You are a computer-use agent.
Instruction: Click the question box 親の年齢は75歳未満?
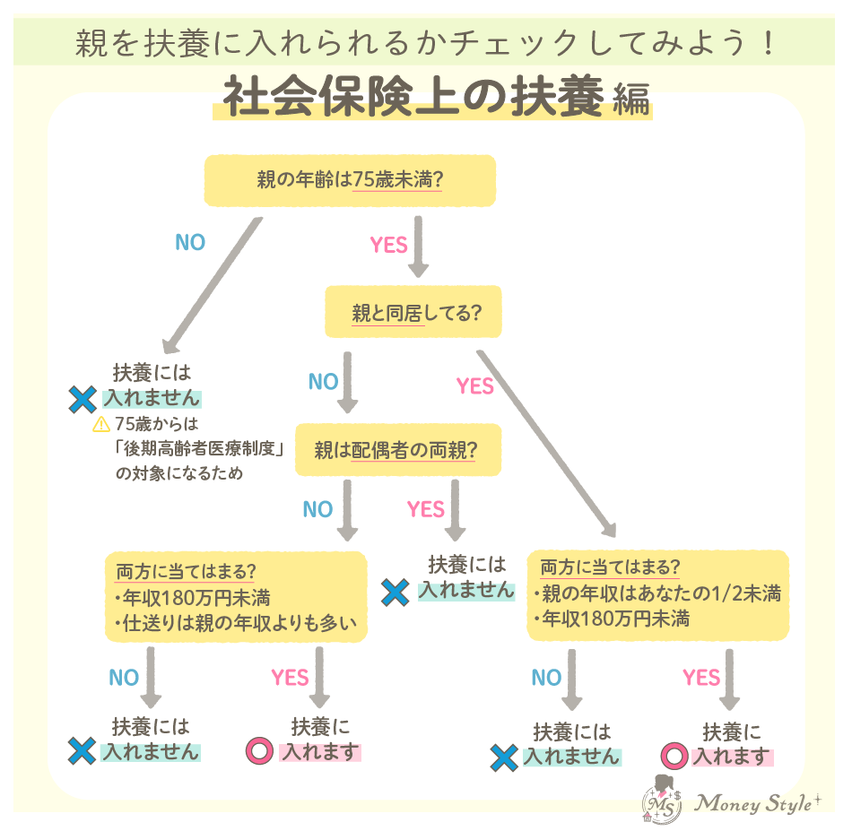click(x=350, y=180)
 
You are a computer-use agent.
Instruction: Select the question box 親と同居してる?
click(x=413, y=313)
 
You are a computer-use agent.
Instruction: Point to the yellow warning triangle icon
click(x=100, y=425)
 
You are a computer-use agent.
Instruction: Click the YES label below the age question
click(x=388, y=245)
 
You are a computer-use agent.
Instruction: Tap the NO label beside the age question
click(x=189, y=243)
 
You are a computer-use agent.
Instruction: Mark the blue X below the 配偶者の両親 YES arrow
click(x=396, y=591)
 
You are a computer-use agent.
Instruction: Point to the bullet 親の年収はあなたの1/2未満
click(x=656, y=593)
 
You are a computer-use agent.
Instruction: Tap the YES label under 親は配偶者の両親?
click(x=425, y=510)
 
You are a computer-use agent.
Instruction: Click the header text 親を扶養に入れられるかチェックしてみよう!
click(x=425, y=43)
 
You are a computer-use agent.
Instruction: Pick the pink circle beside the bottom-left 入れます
click(x=259, y=752)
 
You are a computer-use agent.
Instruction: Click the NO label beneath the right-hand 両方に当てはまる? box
click(x=545, y=678)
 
